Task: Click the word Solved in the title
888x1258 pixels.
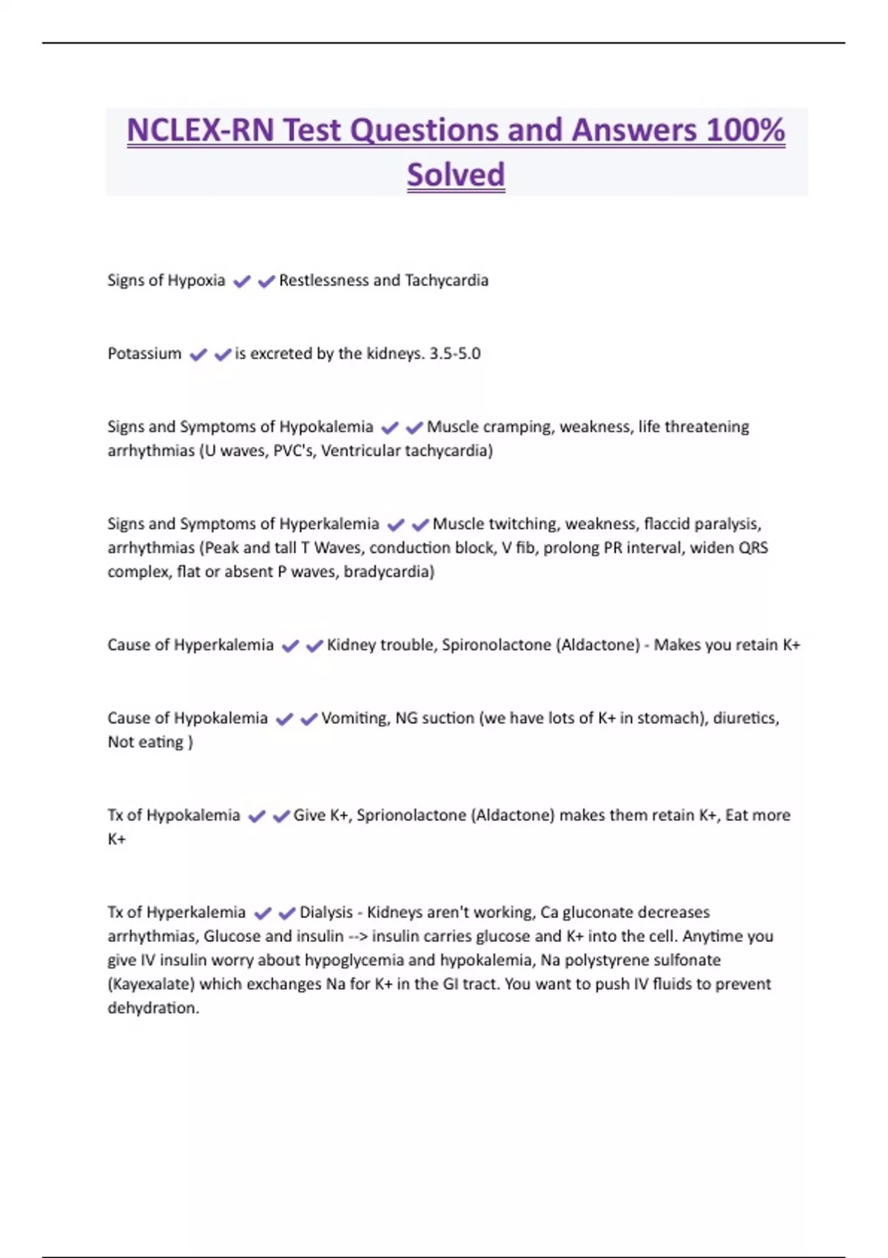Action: point(456,175)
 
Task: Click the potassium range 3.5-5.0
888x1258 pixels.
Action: point(455,354)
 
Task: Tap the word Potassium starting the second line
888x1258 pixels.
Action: point(144,354)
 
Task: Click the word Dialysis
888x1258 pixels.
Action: point(326,912)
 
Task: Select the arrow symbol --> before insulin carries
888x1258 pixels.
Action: point(358,936)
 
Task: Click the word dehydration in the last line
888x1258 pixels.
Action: point(153,1008)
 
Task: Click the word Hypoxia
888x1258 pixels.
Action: point(196,280)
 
